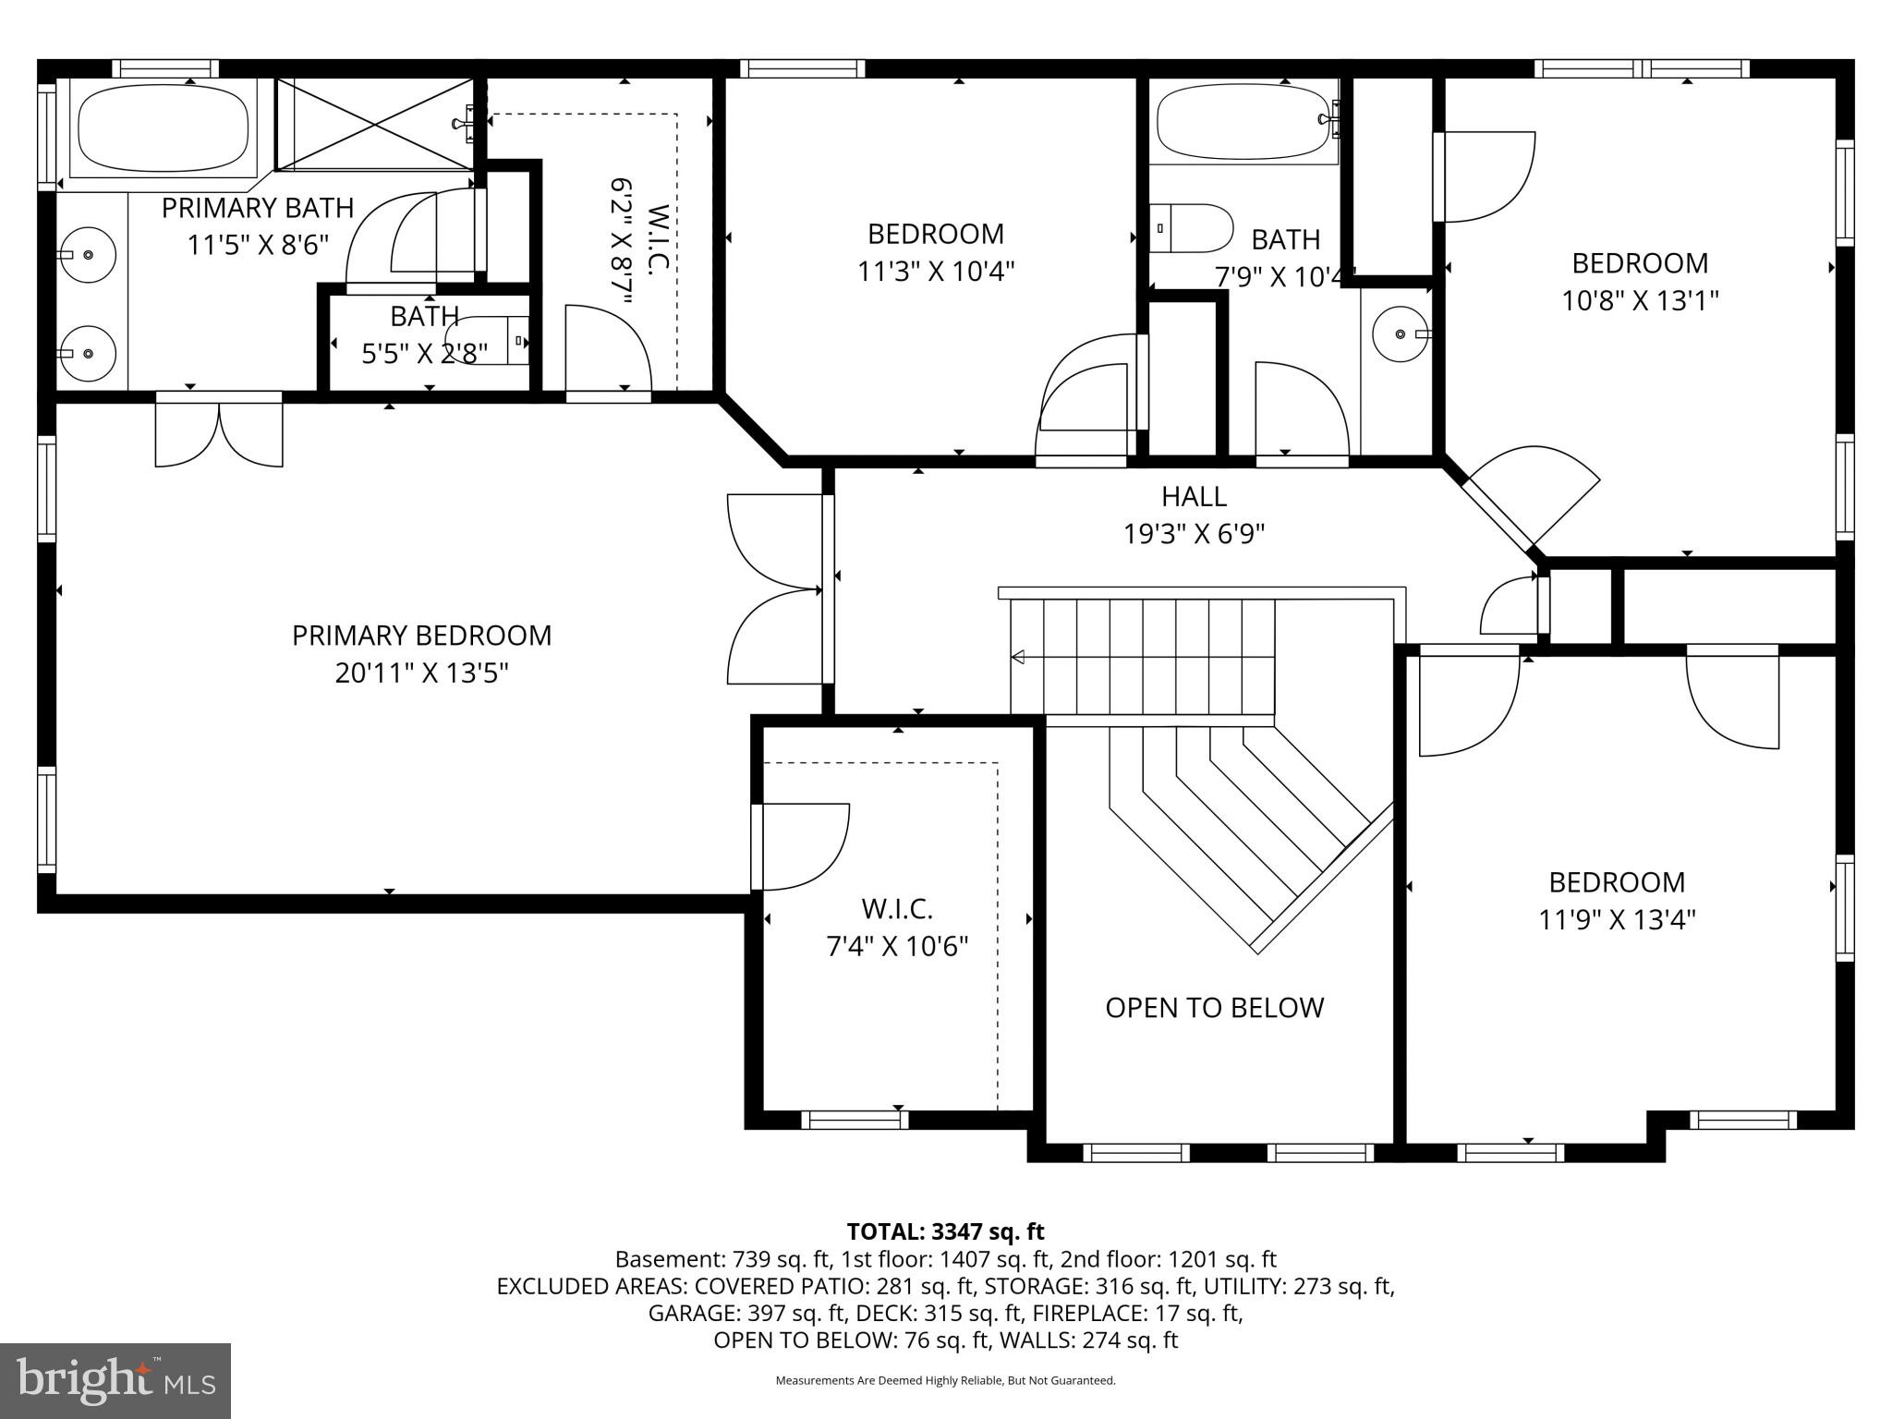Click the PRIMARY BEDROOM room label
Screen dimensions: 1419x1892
421,636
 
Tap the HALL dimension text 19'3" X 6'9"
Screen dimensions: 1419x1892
1194,534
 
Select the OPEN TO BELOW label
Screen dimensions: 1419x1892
1214,1007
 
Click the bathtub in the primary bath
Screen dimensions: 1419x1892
164,128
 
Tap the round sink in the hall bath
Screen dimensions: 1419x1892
1401,334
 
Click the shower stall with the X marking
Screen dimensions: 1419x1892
374,125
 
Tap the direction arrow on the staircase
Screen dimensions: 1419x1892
1019,657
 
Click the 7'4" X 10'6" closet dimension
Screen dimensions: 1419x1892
897,946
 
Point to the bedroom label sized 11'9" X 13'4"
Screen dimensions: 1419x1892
1617,882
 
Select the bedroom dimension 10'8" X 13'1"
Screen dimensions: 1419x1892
1640,301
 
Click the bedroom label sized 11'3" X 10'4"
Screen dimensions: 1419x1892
935,234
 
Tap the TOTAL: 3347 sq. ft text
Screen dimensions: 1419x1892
945,1231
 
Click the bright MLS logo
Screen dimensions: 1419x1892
115,1380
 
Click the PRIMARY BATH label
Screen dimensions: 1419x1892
258,208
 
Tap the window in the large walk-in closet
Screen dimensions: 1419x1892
855,1120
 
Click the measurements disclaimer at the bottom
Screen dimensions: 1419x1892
945,1380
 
